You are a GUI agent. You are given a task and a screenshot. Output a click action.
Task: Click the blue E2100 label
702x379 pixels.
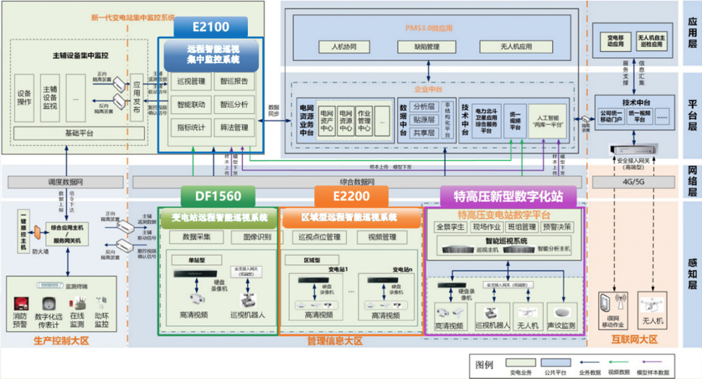pyautogui.click(x=211, y=28)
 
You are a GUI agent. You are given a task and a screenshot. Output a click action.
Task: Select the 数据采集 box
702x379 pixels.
pyautogui.click(x=196, y=236)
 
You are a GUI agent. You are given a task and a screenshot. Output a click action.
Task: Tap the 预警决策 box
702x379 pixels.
pyautogui.click(x=556, y=227)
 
